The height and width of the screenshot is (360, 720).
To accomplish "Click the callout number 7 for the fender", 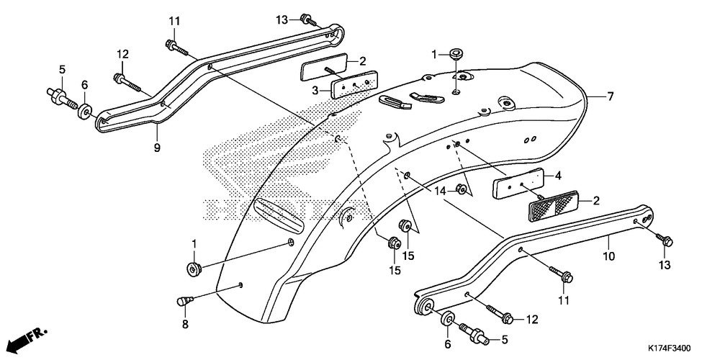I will point(611,96).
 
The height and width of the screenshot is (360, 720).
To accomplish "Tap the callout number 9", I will point(156,148).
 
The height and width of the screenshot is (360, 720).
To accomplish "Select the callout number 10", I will point(608,255).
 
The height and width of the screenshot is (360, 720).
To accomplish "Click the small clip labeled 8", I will point(184,300).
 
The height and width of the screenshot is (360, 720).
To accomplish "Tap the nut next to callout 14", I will point(462,191).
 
